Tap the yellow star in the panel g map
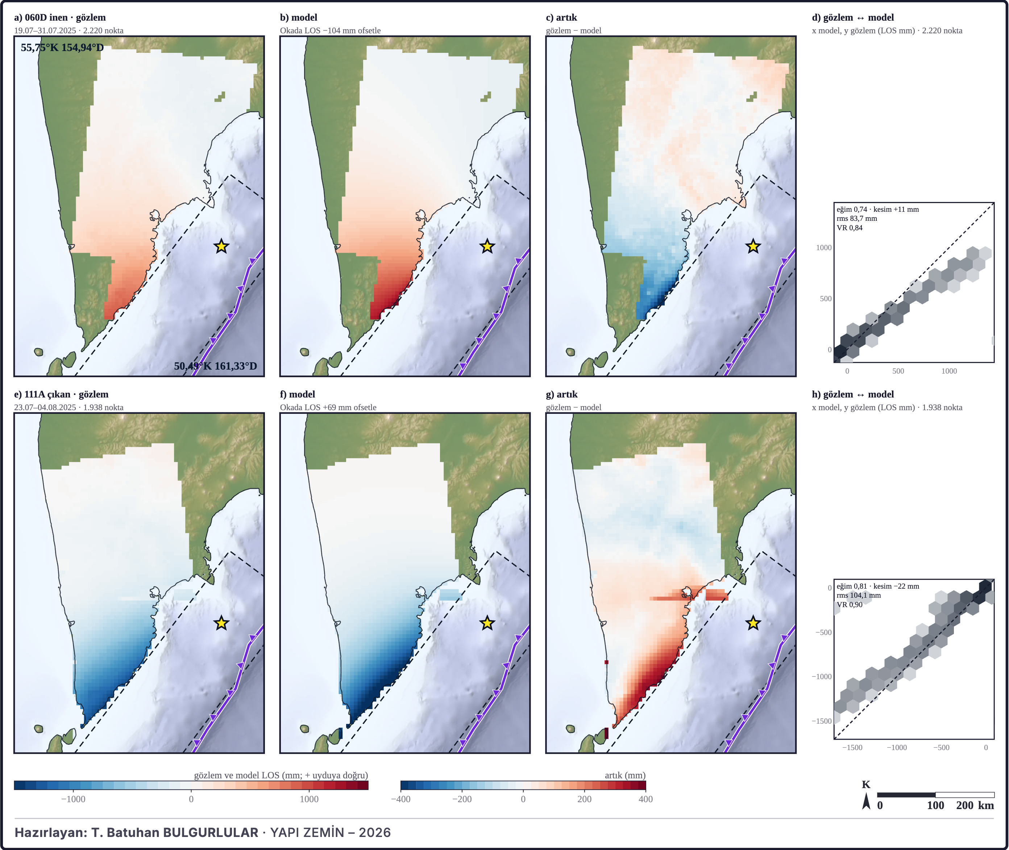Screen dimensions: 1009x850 coord(753,623)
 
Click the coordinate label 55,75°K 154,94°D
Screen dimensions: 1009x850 coord(62,47)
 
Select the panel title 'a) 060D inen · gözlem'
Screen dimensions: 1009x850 coord(60,17)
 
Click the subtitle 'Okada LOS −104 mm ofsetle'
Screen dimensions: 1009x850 coord(331,30)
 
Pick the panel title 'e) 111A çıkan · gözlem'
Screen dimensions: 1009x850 coord(61,394)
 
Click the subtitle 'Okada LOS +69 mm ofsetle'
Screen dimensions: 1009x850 coord(328,407)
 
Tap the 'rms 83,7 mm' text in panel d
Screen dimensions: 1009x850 coord(856,218)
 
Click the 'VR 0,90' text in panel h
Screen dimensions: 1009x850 coord(850,605)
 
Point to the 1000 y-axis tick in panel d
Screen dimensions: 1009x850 coord(824,248)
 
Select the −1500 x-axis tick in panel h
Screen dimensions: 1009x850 coord(852,747)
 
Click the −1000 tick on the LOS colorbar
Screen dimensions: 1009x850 coord(73,799)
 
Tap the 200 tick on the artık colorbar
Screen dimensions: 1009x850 coord(584,799)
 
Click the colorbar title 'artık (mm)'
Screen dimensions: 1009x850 coord(625,775)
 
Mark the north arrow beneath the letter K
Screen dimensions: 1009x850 coord(866,802)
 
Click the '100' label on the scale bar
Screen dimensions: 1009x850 coord(935,805)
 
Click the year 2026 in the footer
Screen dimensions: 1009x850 coord(375,832)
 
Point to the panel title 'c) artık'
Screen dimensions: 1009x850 coord(561,17)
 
